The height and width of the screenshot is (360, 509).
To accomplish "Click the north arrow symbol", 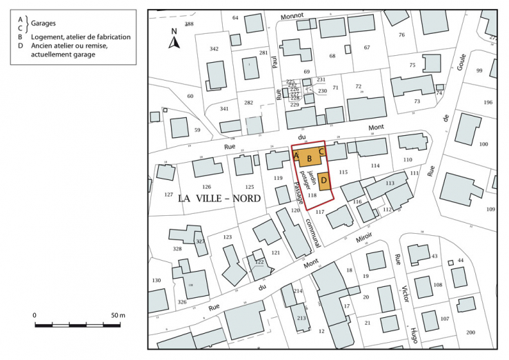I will tap(174, 41).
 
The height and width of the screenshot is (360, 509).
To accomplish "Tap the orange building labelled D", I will tap(324, 181).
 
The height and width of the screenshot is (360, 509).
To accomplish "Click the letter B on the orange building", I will tap(310, 158).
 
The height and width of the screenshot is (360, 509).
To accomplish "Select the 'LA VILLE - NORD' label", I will tap(219, 199).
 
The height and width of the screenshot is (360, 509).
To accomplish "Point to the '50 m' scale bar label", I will tap(117, 315).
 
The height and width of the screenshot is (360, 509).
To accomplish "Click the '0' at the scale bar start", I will tap(34, 315).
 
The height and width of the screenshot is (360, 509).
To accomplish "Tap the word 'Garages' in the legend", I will tap(43, 23).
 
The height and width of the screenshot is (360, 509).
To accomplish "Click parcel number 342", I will tap(214, 48).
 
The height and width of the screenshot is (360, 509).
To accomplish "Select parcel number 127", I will tap(168, 194).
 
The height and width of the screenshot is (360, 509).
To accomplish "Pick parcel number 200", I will tap(470, 332).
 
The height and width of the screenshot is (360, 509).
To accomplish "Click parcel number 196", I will tap(488, 103).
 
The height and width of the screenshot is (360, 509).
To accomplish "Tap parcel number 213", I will tap(301, 318).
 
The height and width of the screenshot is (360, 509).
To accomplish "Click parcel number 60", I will tap(190, 96).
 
